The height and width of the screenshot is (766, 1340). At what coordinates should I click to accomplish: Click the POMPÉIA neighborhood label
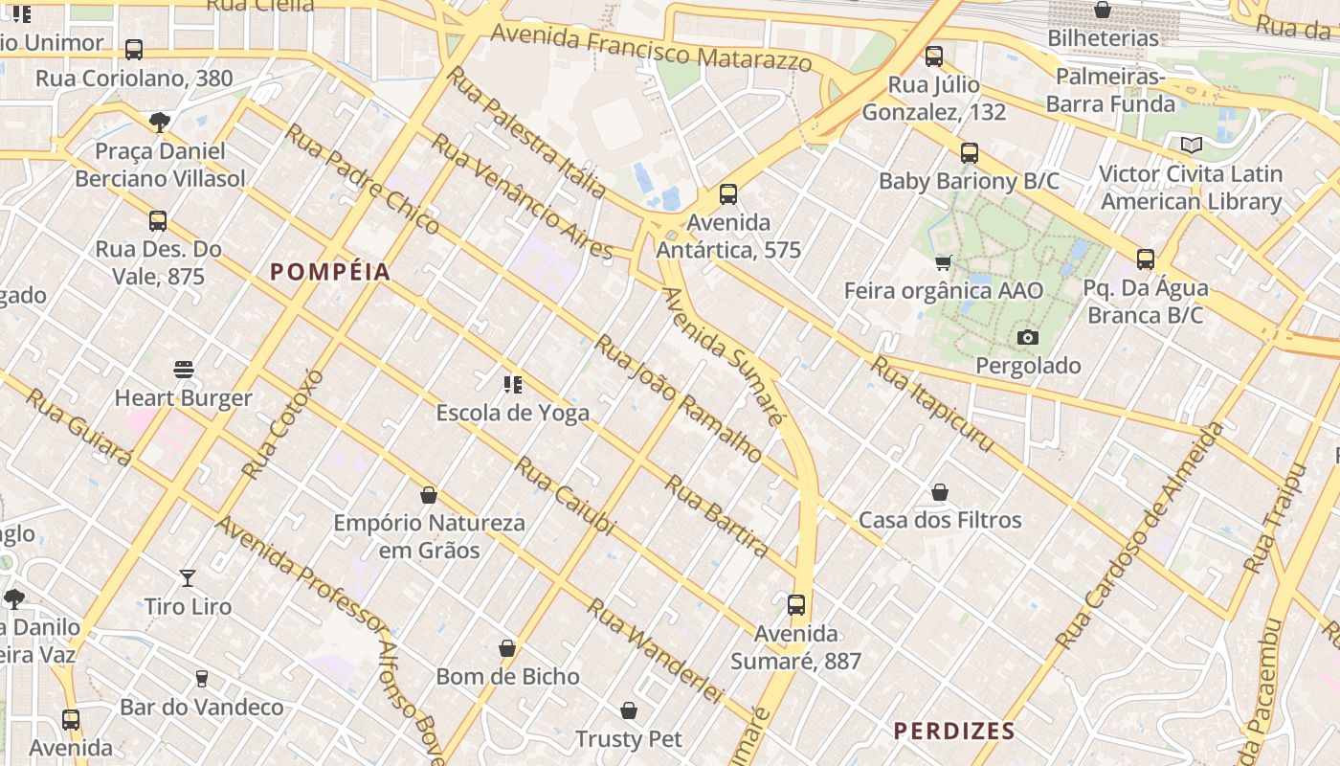[330, 272]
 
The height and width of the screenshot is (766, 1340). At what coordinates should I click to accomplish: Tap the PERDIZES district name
[953, 732]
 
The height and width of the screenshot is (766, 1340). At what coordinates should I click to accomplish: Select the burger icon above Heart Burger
[184, 370]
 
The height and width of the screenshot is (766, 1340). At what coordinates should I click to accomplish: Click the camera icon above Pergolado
[1028, 337]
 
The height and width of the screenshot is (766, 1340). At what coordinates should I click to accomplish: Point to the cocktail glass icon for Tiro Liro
[188, 578]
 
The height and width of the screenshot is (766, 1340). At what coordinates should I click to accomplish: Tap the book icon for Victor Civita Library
[1191, 145]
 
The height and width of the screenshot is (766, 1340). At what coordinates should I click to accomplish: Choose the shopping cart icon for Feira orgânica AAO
[943, 262]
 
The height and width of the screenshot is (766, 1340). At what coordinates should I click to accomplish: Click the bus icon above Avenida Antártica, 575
[728, 194]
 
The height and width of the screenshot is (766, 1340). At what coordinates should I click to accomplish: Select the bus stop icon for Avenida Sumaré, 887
[796, 605]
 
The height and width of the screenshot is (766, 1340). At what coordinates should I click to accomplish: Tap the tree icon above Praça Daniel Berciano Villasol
[160, 122]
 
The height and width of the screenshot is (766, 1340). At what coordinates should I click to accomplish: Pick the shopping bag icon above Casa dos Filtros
[940, 492]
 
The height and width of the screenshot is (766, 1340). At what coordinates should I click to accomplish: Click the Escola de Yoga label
[512, 414]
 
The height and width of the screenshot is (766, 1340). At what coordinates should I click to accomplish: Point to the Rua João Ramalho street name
[679, 397]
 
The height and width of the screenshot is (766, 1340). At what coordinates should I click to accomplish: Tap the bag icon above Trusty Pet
[629, 710]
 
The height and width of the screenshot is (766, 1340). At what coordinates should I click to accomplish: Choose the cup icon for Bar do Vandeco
[201, 679]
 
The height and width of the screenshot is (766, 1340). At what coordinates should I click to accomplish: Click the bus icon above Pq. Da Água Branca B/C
[1146, 259]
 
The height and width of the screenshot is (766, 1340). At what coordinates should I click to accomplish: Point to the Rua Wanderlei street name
[654, 650]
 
